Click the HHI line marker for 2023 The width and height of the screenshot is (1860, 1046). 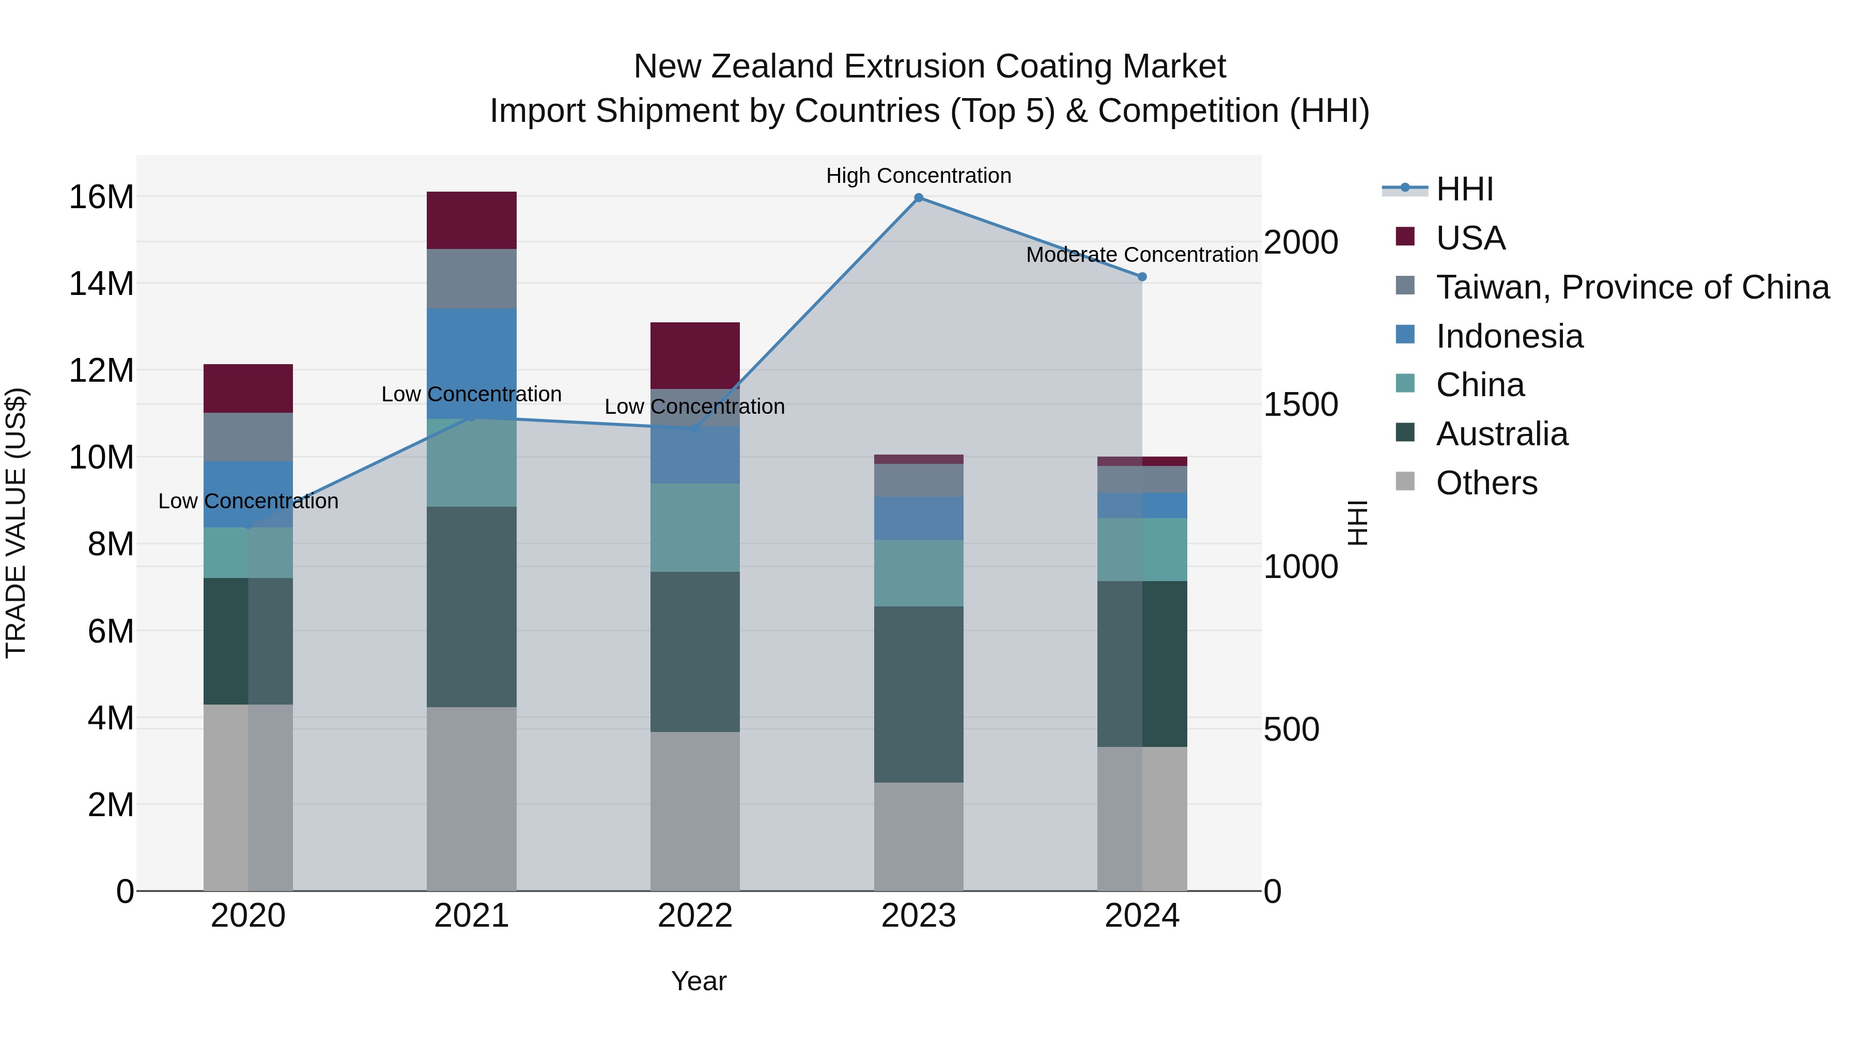pyautogui.click(x=919, y=198)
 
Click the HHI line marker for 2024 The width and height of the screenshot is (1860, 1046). pyautogui.click(x=1141, y=276)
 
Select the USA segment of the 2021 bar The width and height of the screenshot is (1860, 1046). pyautogui.click(x=472, y=220)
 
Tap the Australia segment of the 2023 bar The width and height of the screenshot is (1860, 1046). pyautogui.click(x=919, y=694)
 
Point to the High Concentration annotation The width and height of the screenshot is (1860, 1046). pyautogui.click(x=919, y=176)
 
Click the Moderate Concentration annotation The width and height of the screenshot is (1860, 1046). pyautogui.click(x=1141, y=255)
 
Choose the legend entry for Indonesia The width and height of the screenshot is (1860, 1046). pyautogui.click(x=1509, y=336)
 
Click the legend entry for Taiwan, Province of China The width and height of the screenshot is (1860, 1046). pyautogui.click(x=1632, y=287)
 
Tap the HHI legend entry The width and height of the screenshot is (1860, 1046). pyautogui.click(x=1464, y=189)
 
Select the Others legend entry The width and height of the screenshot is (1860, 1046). pyautogui.click(x=1486, y=483)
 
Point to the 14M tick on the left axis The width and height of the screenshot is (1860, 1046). pyautogui.click(x=101, y=284)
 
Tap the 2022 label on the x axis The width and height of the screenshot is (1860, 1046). pyautogui.click(x=694, y=916)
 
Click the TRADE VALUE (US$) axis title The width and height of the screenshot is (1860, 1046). pyautogui.click(x=16, y=523)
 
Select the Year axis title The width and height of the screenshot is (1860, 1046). pyautogui.click(x=698, y=981)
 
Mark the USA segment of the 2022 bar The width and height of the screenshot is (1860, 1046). pyautogui.click(x=694, y=355)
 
